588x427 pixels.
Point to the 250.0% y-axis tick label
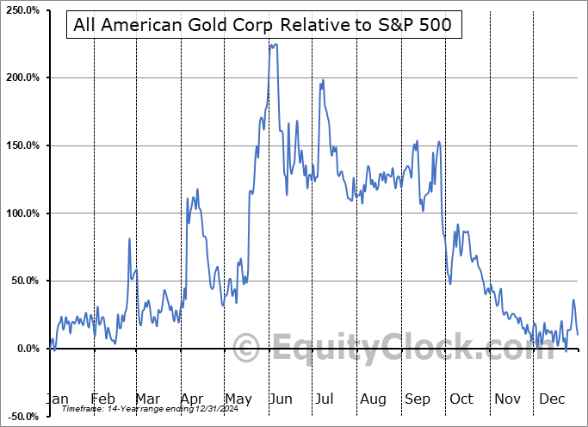[x=21, y=10]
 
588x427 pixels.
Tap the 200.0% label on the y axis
[x=21, y=77]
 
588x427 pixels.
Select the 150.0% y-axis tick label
[x=21, y=145]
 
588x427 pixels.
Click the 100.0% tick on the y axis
[x=21, y=213]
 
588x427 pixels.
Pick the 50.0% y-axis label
[x=23, y=281]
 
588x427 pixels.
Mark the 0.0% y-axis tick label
[x=26, y=349]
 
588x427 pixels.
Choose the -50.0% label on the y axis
[x=22, y=416]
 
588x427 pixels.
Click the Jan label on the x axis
[x=56, y=399]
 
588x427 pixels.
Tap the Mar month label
[x=148, y=399]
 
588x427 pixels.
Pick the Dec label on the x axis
[x=552, y=399]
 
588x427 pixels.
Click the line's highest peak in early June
[x=273, y=45]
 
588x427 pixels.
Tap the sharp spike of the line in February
[x=129, y=238]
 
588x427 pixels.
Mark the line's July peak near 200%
[x=323, y=80]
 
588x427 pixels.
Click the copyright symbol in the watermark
[x=246, y=348]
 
